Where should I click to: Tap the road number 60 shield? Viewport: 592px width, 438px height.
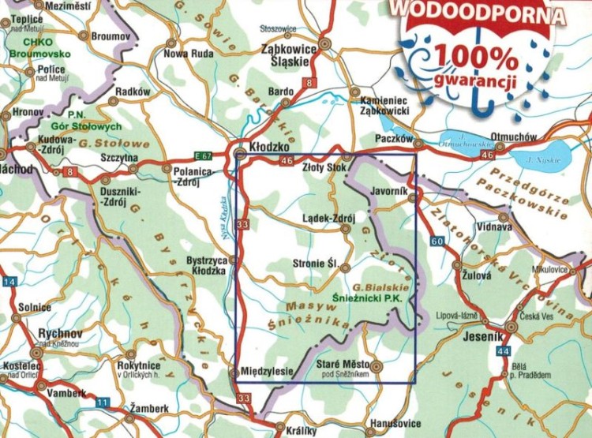438,240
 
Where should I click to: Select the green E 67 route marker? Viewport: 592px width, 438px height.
204,153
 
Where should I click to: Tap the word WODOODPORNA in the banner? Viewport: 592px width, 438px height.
479,13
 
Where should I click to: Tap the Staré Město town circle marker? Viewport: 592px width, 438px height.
377,366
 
